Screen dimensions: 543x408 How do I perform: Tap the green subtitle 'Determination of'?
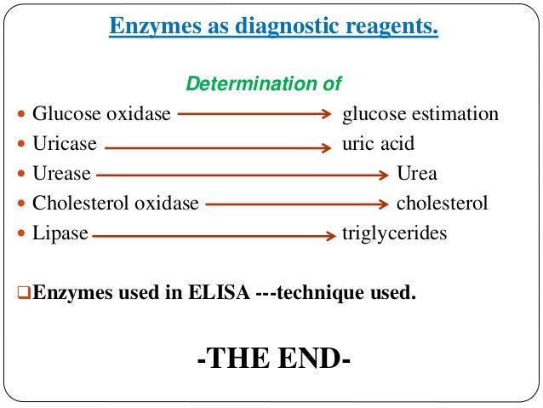pyautogui.click(x=264, y=84)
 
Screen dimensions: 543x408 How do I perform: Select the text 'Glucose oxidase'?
pyautogui.click(x=101, y=114)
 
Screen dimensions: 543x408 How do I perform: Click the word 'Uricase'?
pyautogui.click(x=65, y=144)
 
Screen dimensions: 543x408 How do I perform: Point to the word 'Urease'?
pyautogui.click(x=61, y=174)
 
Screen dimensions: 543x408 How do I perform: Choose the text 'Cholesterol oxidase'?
pyautogui.click(x=115, y=204)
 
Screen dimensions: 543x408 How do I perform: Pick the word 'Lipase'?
pyautogui.click(x=60, y=233)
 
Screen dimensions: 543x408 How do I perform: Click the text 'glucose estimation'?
pyautogui.click(x=420, y=114)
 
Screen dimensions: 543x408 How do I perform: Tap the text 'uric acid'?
pyautogui.click(x=378, y=144)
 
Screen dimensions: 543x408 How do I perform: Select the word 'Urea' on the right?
pyautogui.click(x=417, y=174)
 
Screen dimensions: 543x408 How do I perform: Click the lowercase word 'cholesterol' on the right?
pyautogui.click(x=443, y=204)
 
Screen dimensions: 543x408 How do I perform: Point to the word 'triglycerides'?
pyautogui.click(x=394, y=233)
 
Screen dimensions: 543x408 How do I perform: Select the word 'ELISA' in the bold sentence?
pyautogui.click(x=225, y=294)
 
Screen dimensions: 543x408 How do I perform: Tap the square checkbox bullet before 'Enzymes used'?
pyautogui.click(x=24, y=295)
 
